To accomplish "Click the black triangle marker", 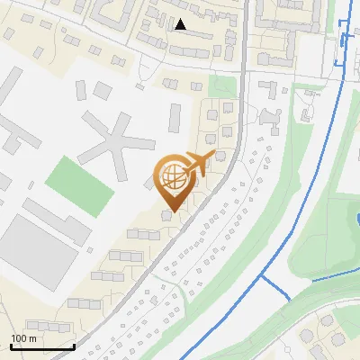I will pos(182,25).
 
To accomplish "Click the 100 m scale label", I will pos(23,338).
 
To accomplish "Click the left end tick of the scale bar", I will pos(11,346).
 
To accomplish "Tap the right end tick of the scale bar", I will pos(74,346).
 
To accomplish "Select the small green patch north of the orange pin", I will pos(218,85).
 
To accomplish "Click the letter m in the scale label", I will pos(32,338).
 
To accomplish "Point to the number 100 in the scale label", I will pos(19,338).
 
